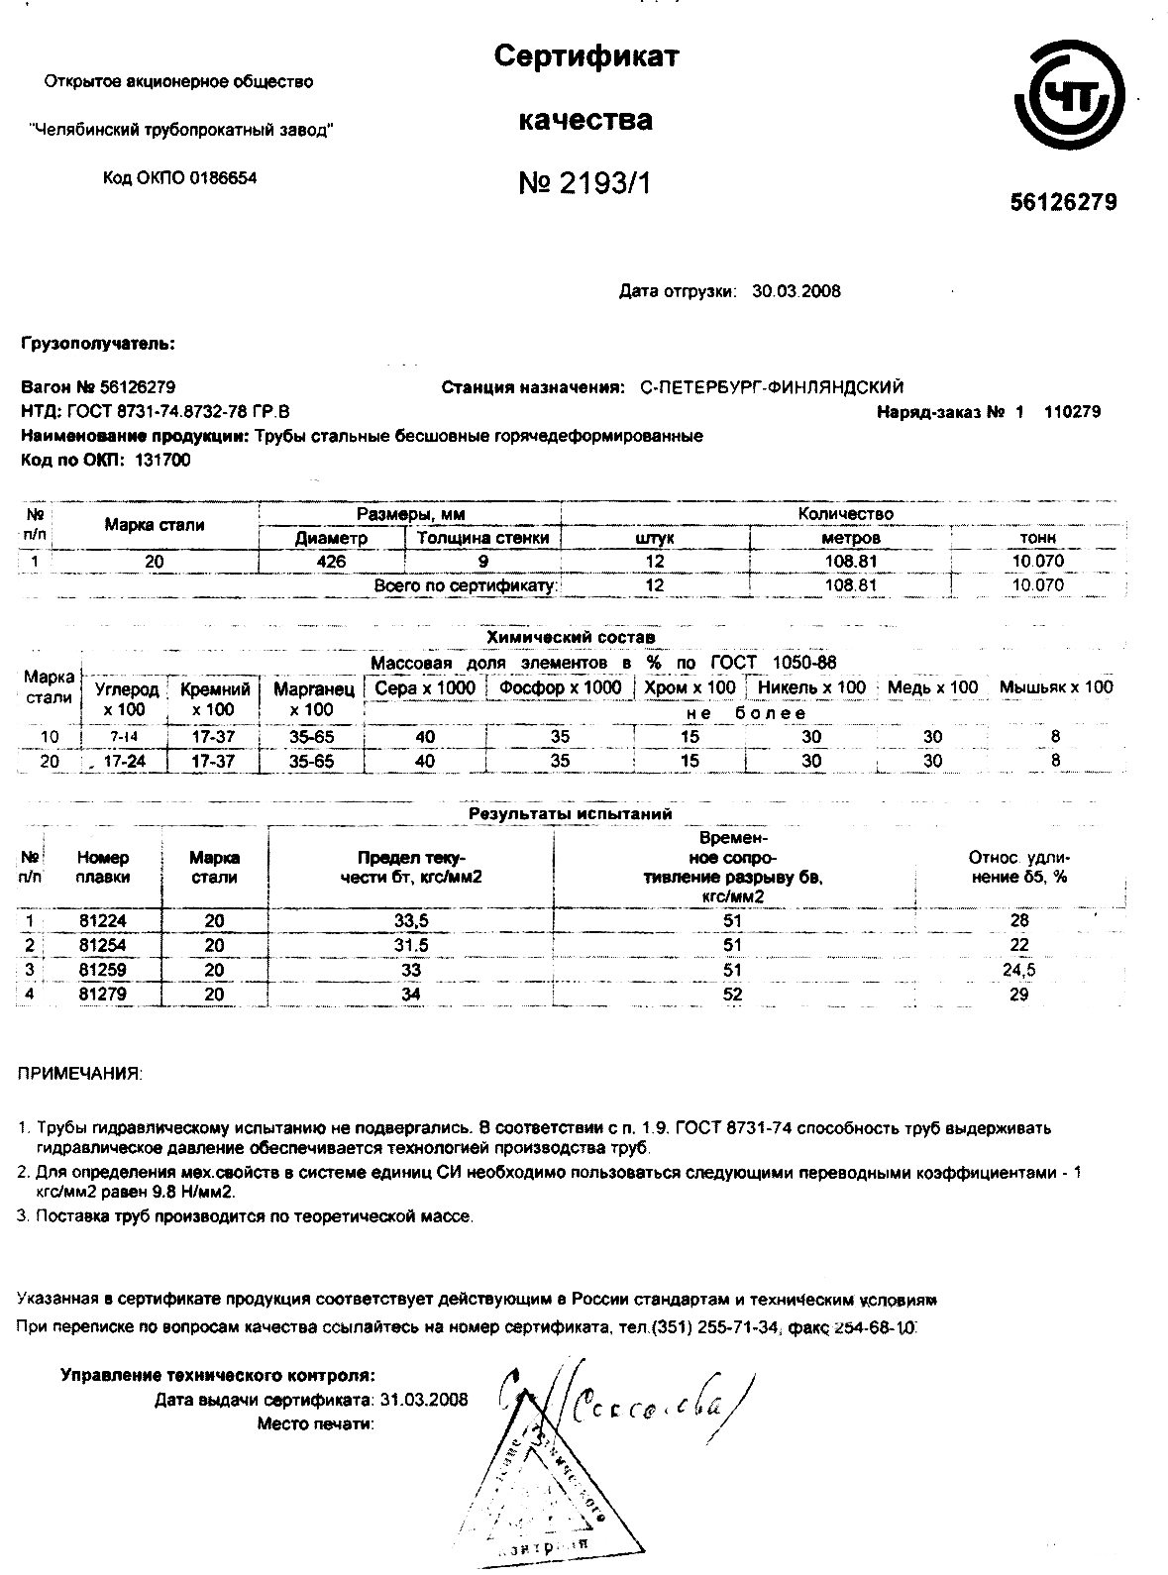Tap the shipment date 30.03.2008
[796, 291]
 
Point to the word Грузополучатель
[98, 344]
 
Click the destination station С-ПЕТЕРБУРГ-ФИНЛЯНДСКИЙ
[772, 387]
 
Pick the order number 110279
[1072, 412]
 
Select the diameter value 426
[331, 562]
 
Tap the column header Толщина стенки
[482, 538]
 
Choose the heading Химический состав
[570, 637]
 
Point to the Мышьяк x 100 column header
[1056, 687]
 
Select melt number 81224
[103, 921]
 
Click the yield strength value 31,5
[411, 945]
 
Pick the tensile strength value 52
[732, 994]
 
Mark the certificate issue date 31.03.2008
[423, 1400]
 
